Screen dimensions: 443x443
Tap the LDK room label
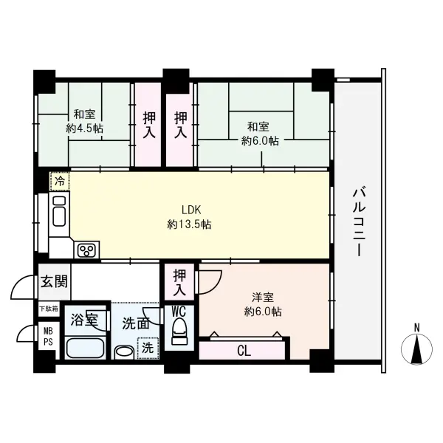(x=191, y=210)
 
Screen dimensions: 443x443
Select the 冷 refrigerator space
(x=60, y=181)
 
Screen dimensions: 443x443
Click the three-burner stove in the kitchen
(x=86, y=250)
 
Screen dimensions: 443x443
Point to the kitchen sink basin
(x=59, y=211)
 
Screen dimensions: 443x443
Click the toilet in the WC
(x=179, y=330)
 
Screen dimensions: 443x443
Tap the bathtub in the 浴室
(x=85, y=348)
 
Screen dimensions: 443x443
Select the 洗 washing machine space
(x=148, y=348)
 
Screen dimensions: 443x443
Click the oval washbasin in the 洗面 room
(x=124, y=353)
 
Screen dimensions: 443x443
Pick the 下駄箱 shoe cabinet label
(x=48, y=309)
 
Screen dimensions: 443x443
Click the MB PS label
(x=48, y=336)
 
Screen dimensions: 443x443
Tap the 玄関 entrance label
(x=54, y=282)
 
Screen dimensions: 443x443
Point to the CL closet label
(x=244, y=351)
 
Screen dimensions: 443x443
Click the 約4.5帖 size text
(x=84, y=128)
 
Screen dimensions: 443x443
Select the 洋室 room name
(x=263, y=298)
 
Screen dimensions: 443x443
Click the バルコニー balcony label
(x=359, y=222)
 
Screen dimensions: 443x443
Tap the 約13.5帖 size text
(x=189, y=224)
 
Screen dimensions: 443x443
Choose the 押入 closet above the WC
(x=179, y=282)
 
